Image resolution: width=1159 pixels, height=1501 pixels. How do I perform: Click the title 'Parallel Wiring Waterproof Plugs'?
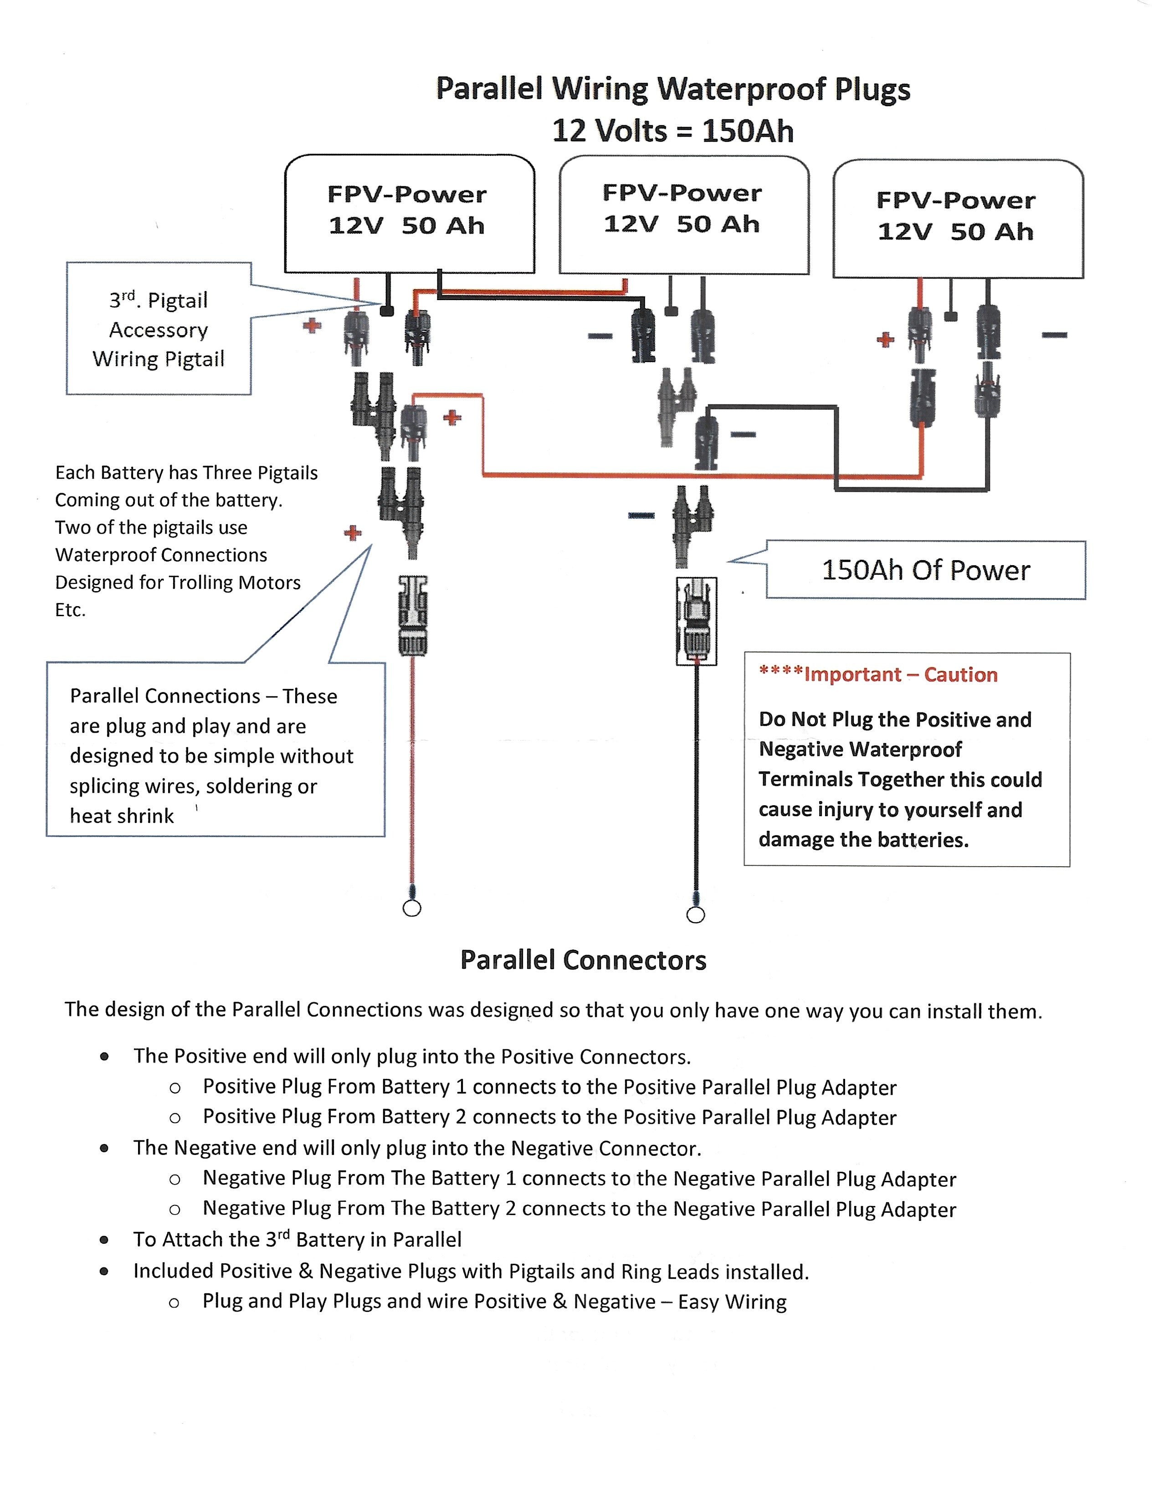coord(673,89)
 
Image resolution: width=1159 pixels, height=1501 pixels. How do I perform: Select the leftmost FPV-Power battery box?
coord(409,213)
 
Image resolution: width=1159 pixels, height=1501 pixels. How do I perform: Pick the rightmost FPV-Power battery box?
coord(958,219)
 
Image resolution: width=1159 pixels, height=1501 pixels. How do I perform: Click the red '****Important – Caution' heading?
coord(878,675)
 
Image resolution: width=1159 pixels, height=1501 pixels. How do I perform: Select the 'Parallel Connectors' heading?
coord(583,960)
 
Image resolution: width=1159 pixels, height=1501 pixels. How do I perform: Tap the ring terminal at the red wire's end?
coord(411,909)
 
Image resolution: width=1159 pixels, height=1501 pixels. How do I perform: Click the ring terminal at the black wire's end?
coord(696,915)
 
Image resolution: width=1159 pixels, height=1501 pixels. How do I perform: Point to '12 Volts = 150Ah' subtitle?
coord(673,131)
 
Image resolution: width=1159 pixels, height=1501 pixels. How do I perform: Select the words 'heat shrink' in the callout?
coord(122,816)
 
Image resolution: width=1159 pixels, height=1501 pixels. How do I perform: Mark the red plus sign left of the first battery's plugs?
coord(312,326)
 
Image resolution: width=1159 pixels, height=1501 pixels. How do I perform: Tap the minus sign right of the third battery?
coord(1054,335)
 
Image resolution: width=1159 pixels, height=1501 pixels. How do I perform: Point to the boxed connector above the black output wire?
coord(697,621)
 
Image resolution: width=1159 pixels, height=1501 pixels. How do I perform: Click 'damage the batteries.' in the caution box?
coord(863,840)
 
